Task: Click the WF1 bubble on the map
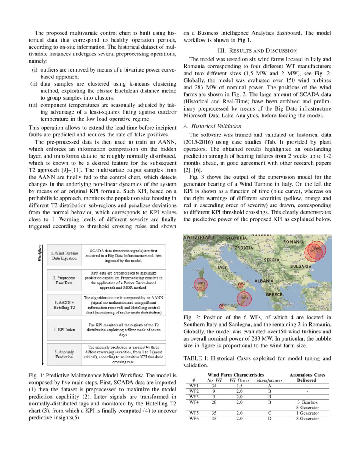[201, 283]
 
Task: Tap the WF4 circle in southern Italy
[244, 298]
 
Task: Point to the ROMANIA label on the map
[294, 241]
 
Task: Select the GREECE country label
[274, 294]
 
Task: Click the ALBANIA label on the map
[264, 281]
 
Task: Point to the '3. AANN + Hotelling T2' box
[64, 305]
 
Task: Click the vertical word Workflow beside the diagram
[40, 254]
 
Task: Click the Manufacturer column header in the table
[269, 380]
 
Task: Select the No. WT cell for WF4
[214, 402]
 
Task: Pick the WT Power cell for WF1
[239, 386]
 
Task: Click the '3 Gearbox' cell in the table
[307, 402]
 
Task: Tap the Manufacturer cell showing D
[269, 419]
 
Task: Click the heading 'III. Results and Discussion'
[257, 50]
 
